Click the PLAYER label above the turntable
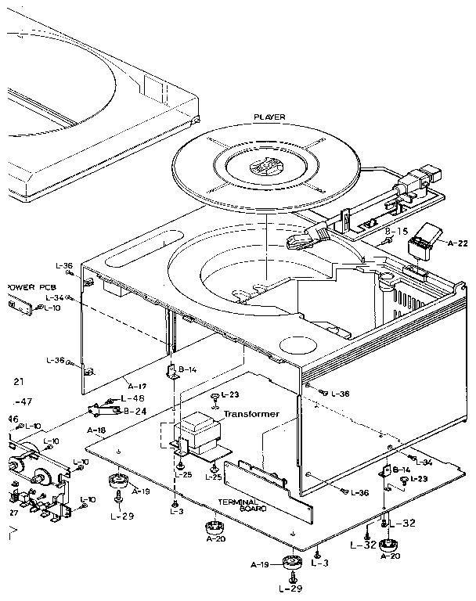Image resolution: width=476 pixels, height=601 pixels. [269, 117]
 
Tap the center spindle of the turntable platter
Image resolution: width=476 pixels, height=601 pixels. [260, 167]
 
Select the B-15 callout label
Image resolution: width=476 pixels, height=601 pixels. [397, 232]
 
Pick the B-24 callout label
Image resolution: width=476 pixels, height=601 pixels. [134, 410]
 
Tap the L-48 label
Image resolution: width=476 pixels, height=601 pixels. [133, 398]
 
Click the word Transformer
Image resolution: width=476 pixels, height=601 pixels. [251, 414]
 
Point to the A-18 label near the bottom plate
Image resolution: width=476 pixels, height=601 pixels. [98, 430]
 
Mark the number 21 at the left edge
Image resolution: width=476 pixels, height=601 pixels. [19, 381]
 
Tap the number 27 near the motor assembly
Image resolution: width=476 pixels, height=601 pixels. [13, 513]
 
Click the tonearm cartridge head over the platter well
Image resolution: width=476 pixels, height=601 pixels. [301, 237]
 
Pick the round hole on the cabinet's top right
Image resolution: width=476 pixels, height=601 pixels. [296, 344]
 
